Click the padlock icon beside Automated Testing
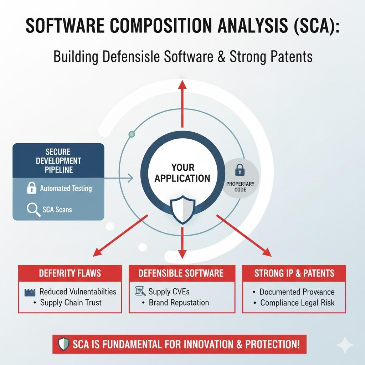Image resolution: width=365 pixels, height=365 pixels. click(32, 188)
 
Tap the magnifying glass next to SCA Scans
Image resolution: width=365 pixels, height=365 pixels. click(34, 210)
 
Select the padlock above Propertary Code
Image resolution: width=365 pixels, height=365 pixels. click(240, 170)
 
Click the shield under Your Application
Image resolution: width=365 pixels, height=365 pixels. click(182, 210)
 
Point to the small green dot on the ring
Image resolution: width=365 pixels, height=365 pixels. click(132, 134)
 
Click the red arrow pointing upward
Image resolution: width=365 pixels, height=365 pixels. click(182, 104)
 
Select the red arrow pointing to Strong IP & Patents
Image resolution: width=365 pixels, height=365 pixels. click(244, 236)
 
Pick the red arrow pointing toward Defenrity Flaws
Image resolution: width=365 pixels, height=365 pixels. click(120, 236)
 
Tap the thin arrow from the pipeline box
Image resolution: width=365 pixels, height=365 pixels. click(119, 178)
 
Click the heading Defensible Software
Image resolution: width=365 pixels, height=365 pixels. click(181, 273)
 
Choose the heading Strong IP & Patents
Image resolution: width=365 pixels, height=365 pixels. click(294, 273)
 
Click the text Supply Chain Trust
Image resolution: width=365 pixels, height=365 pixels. click(71, 302)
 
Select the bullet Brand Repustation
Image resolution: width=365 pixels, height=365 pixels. click(179, 302)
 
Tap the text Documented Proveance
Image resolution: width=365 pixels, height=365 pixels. click(297, 292)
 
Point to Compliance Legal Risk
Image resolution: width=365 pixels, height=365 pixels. click(297, 303)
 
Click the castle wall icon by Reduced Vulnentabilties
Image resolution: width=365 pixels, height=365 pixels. click(30, 292)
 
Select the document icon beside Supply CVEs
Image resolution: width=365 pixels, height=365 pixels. click(140, 291)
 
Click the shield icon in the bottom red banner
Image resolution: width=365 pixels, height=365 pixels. click(63, 344)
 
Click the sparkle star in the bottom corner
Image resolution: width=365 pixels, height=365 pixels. click(345, 345)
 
